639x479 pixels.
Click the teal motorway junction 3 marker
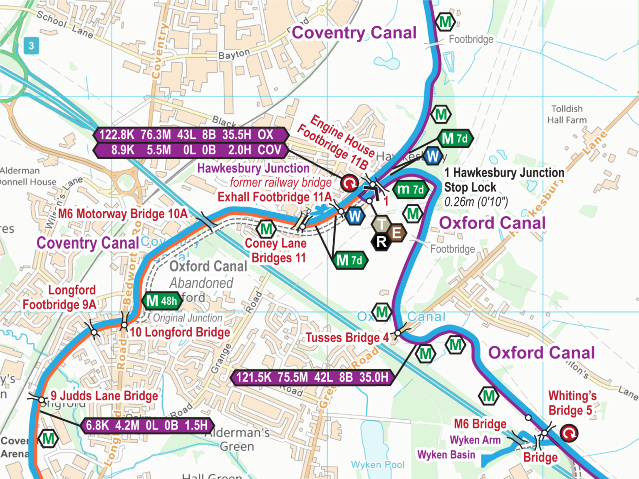point(31,46)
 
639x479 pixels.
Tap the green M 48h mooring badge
point(162,301)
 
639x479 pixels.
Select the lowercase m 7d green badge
point(410,190)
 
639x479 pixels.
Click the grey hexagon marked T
point(381,225)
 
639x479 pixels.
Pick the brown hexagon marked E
point(397,233)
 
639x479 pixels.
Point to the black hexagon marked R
point(381,242)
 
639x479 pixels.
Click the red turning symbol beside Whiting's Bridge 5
point(568,433)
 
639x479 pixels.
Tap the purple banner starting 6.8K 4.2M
point(146,425)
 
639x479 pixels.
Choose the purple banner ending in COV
point(191,150)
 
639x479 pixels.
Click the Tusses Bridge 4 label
point(347,338)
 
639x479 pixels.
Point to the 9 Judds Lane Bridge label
point(104,396)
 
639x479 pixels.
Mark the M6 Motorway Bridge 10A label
point(123,214)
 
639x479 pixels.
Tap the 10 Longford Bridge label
point(180,332)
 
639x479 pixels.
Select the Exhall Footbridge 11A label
point(275,197)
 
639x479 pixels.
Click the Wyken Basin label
point(446,455)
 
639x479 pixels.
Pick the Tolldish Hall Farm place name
point(567,114)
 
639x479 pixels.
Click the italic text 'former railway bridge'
point(281,183)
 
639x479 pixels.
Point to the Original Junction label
point(188,318)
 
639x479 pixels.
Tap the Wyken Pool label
point(377,464)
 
